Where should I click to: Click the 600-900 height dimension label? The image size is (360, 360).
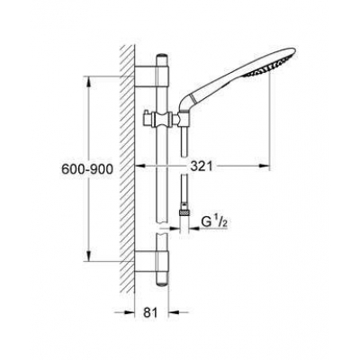87,169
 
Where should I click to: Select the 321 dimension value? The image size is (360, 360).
201,166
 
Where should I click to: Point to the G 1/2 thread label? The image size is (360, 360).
212,222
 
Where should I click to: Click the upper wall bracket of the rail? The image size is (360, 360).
152,76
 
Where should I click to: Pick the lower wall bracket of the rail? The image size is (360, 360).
152,261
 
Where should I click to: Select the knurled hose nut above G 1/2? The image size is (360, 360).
184,213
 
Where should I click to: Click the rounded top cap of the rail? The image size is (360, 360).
162,56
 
